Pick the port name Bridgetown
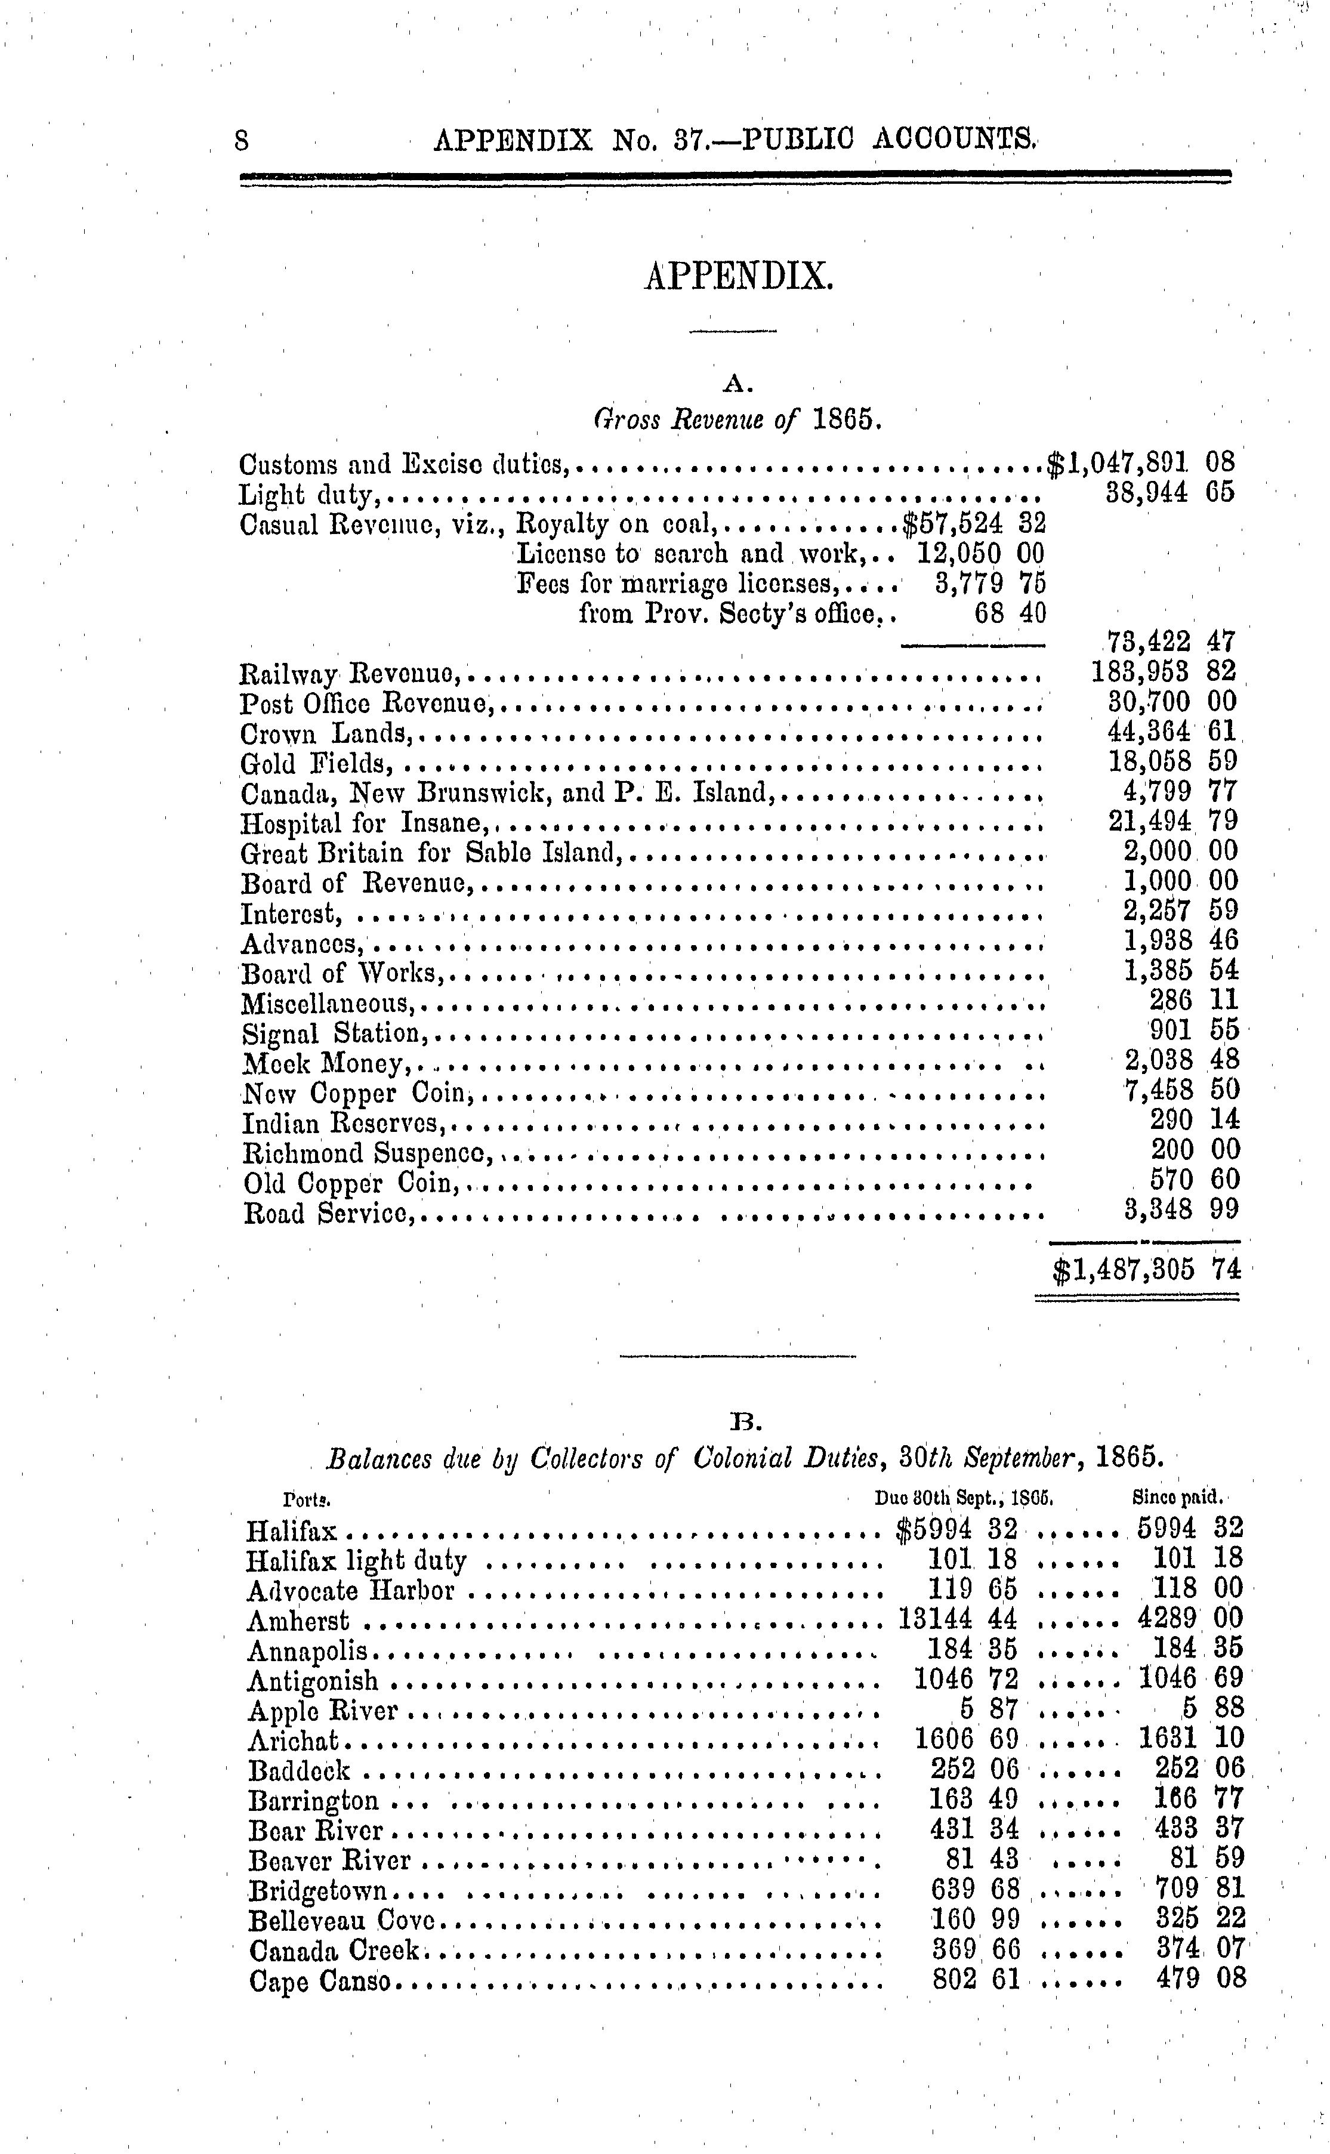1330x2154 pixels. click(x=317, y=1890)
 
